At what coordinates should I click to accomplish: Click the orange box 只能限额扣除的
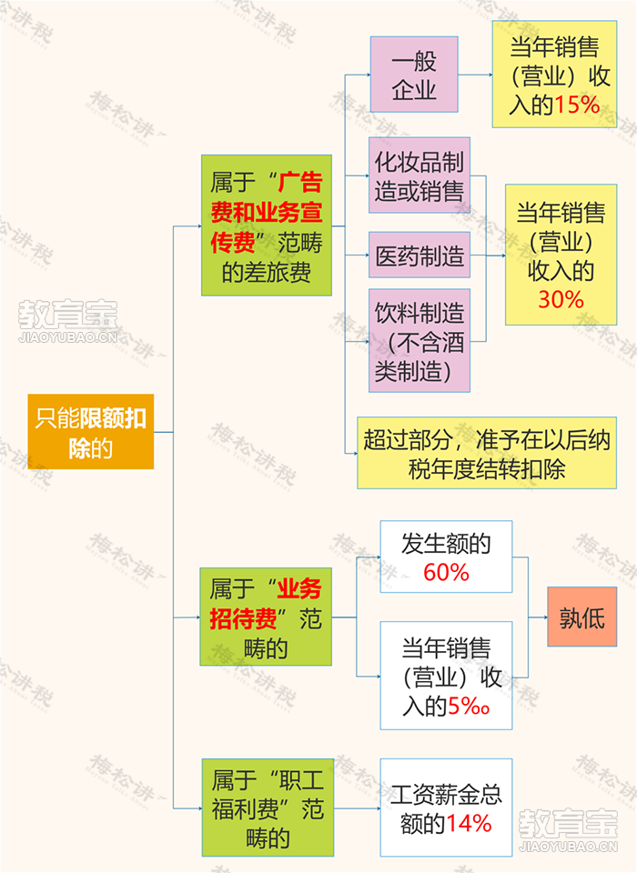point(91,431)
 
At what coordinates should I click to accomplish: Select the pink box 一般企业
point(414,75)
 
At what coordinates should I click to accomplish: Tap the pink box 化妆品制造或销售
point(420,176)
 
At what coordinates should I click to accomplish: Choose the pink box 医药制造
point(420,256)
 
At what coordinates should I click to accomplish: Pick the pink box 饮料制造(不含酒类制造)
point(420,340)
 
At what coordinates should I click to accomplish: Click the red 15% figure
point(577,105)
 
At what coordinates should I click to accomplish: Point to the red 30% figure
point(561,299)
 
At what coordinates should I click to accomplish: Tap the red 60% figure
point(446,572)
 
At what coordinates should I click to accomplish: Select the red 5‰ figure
point(469,706)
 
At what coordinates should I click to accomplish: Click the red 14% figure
point(469,824)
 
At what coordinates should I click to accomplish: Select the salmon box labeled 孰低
point(581,617)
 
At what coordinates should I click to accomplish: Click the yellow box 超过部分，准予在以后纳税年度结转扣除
point(487,453)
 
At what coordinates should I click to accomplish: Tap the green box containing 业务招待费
point(266,617)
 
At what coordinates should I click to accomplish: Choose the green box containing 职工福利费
point(268,808)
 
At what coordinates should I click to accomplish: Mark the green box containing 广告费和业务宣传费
point(267,225)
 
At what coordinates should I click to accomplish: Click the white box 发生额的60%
point(446,557)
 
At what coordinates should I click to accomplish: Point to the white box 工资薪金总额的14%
point(446,808)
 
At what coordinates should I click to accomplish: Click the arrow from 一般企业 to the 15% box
point(475,75)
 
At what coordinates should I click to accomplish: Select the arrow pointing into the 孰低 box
point(538,617)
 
